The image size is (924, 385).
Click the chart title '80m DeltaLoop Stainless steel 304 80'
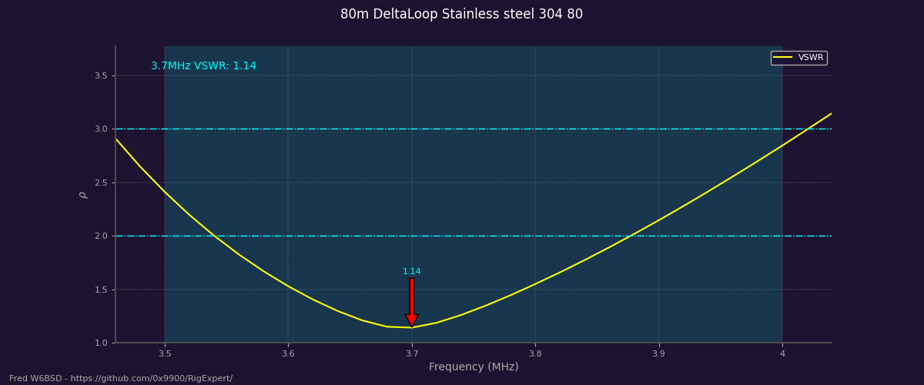click(x=461, y=15)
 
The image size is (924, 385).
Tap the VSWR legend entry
click(x=798, y=58)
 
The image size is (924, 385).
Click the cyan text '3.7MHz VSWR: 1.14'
click(x=203, y=66)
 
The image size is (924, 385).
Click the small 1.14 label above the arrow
click(x=412, y=272)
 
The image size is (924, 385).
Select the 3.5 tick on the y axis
click(x=101, y=75)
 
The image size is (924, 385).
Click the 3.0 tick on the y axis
click(x=101, y=129)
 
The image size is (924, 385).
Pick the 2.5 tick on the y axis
click(x=101, y=182)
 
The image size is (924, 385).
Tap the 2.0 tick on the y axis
click(x=101, y=236)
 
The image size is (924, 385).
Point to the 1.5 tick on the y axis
click(x=101, y=290)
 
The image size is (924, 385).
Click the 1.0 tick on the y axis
click(x=101, y=343)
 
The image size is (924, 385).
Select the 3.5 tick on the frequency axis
click(x=165, y=353)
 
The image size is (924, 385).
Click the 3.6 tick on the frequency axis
click(x=288, y=353)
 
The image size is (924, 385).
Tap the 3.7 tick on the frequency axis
click(x=412, y=353)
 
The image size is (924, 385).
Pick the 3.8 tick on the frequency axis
click(x=535, y=353)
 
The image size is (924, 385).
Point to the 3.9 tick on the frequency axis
click(x=659, y=353)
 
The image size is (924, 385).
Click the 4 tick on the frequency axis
click(x=782, y=353)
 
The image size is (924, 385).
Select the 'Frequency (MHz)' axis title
click(x=474, y=367)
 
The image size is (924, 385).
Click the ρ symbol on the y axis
click(x=83, y=195)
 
